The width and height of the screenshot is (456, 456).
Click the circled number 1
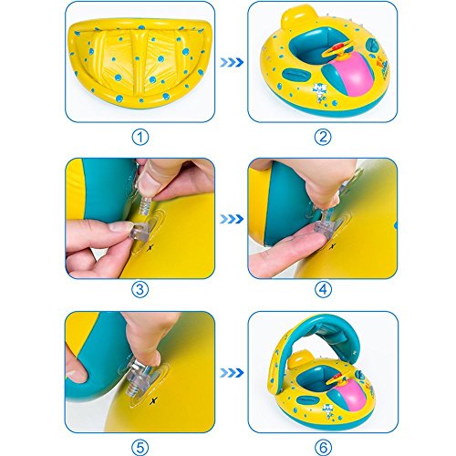140,137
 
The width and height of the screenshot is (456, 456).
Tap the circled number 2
323,137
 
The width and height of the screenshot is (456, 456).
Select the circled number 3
140,289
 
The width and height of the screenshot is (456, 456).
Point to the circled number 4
323,289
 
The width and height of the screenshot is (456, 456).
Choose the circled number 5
140,447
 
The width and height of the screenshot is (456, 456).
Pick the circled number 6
323,447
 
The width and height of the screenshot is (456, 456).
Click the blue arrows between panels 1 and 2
232,62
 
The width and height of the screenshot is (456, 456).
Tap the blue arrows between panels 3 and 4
232,219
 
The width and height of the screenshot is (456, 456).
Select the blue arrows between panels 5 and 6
232,373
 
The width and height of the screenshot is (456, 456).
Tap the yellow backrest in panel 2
295,17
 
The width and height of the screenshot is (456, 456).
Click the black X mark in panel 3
150,248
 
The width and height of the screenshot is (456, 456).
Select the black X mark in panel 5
154,401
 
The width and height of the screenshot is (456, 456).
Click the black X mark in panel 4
333,246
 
